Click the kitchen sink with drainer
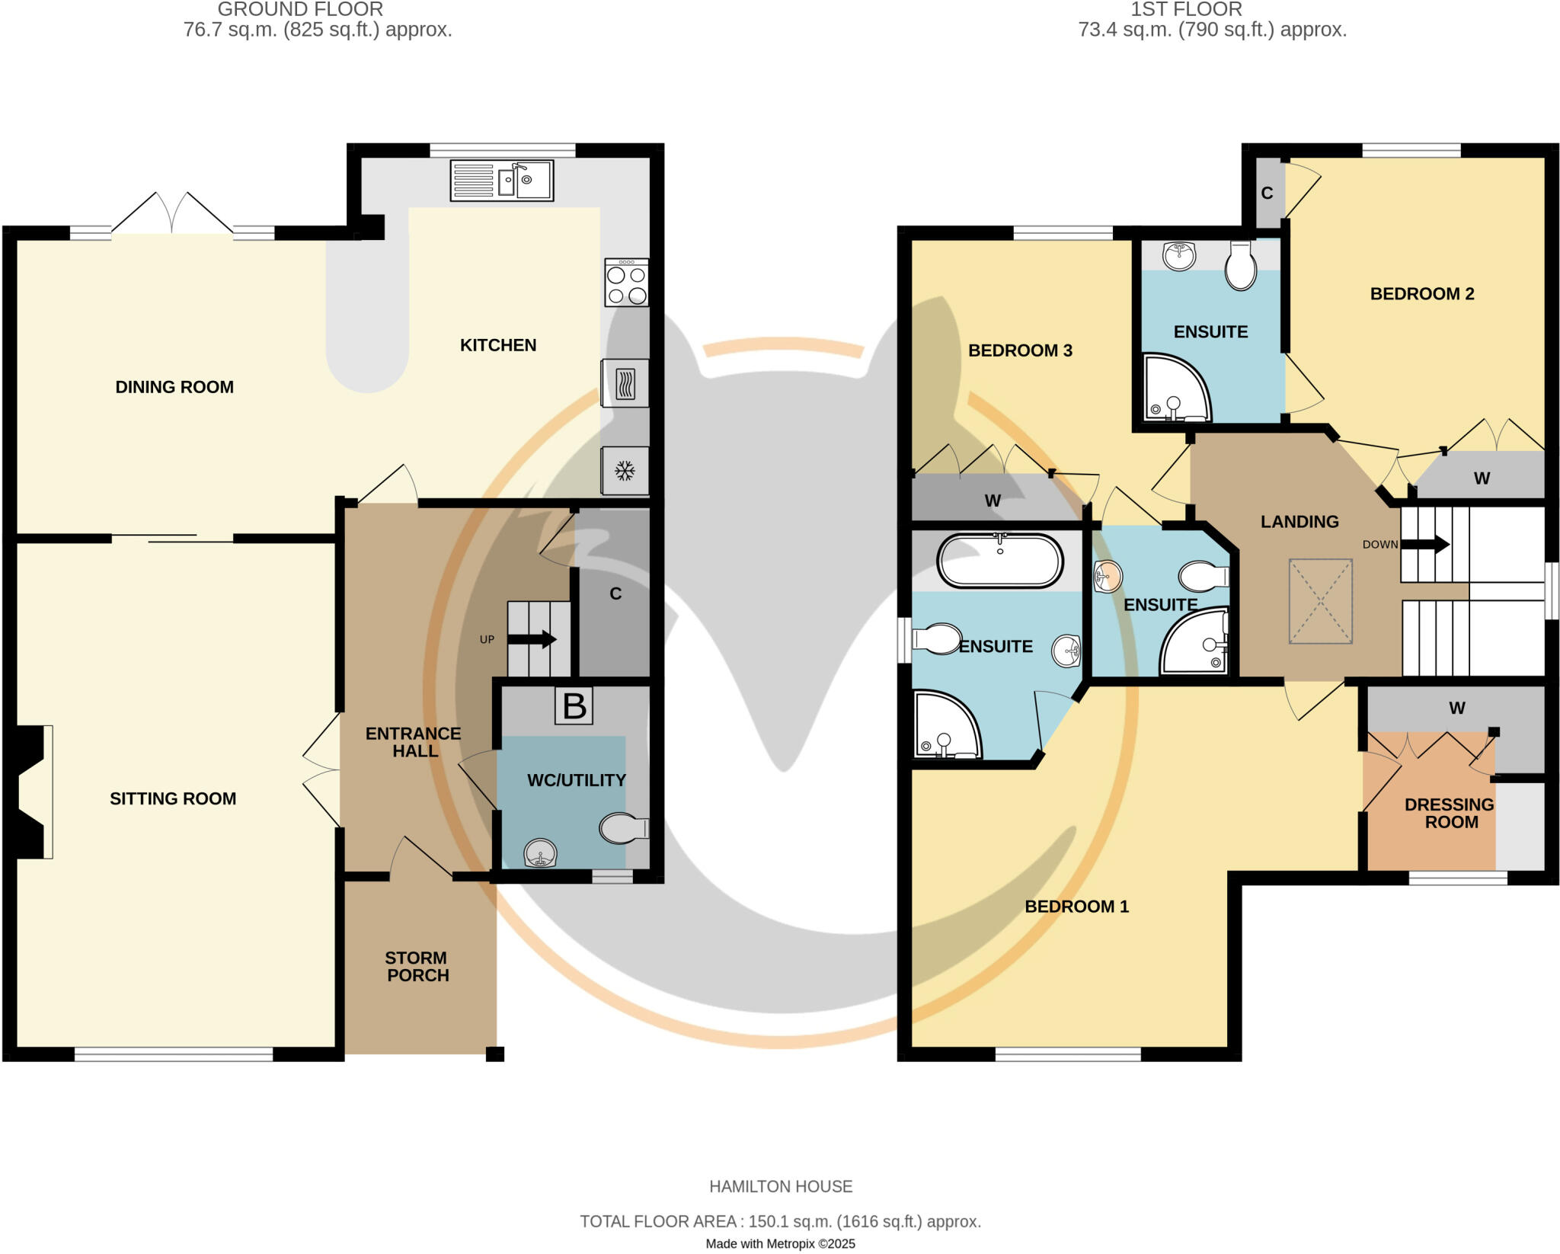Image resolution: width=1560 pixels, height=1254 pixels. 502,181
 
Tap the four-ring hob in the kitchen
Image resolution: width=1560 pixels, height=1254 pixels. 627,283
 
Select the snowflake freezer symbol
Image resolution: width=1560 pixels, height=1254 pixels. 625,471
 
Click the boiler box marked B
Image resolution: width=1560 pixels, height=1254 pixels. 574,706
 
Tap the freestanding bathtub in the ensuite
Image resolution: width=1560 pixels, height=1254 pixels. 999,561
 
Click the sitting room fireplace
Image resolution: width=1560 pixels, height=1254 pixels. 34,792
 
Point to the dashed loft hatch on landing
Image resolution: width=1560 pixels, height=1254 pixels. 1320,602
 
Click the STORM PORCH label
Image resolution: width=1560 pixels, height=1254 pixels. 417,967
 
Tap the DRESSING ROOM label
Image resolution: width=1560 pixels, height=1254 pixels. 1450,813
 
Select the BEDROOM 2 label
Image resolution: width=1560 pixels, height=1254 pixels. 1422,294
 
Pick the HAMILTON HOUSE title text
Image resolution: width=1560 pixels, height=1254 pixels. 781,1186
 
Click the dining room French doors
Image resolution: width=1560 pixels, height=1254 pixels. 173,214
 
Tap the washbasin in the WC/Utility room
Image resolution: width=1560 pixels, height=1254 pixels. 540,853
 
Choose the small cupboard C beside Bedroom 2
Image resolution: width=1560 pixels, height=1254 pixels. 1267,194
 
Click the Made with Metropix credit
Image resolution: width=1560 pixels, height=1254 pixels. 780,1244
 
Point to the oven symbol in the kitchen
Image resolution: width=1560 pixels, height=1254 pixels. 625,383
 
